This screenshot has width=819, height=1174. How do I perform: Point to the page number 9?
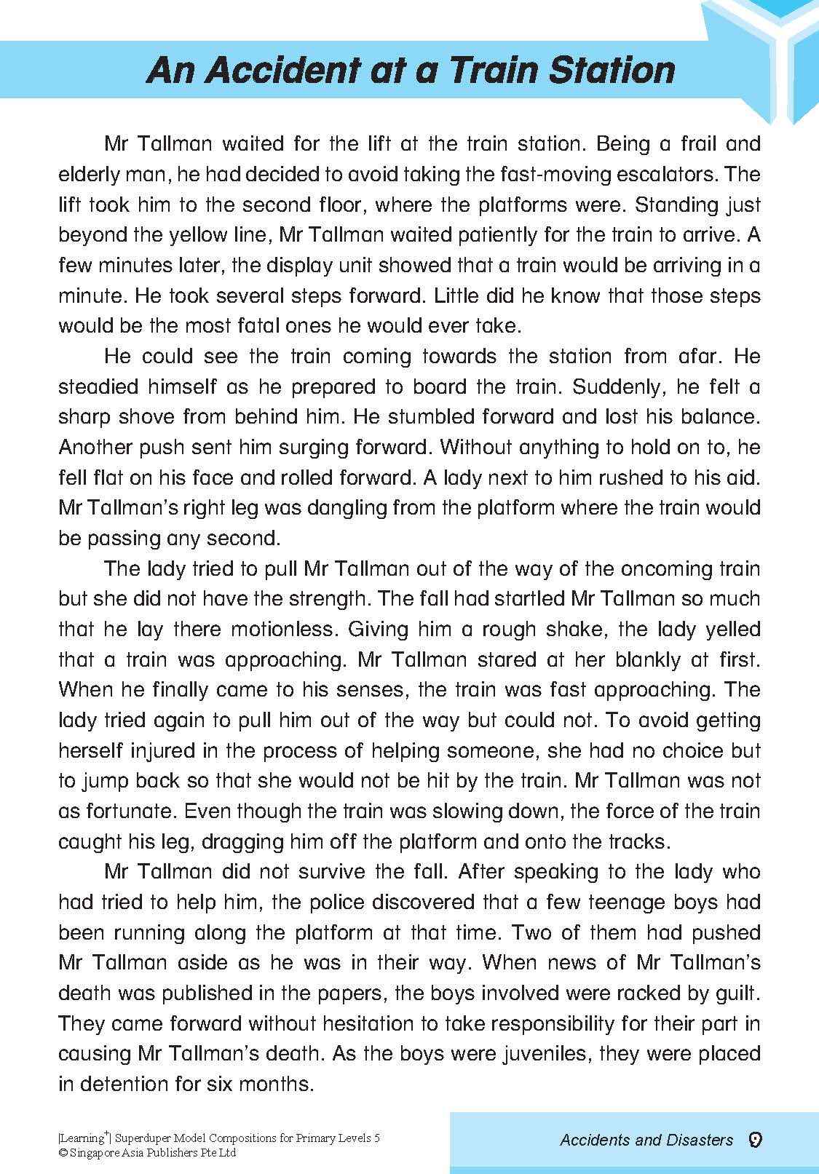(x=755, y=1140)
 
